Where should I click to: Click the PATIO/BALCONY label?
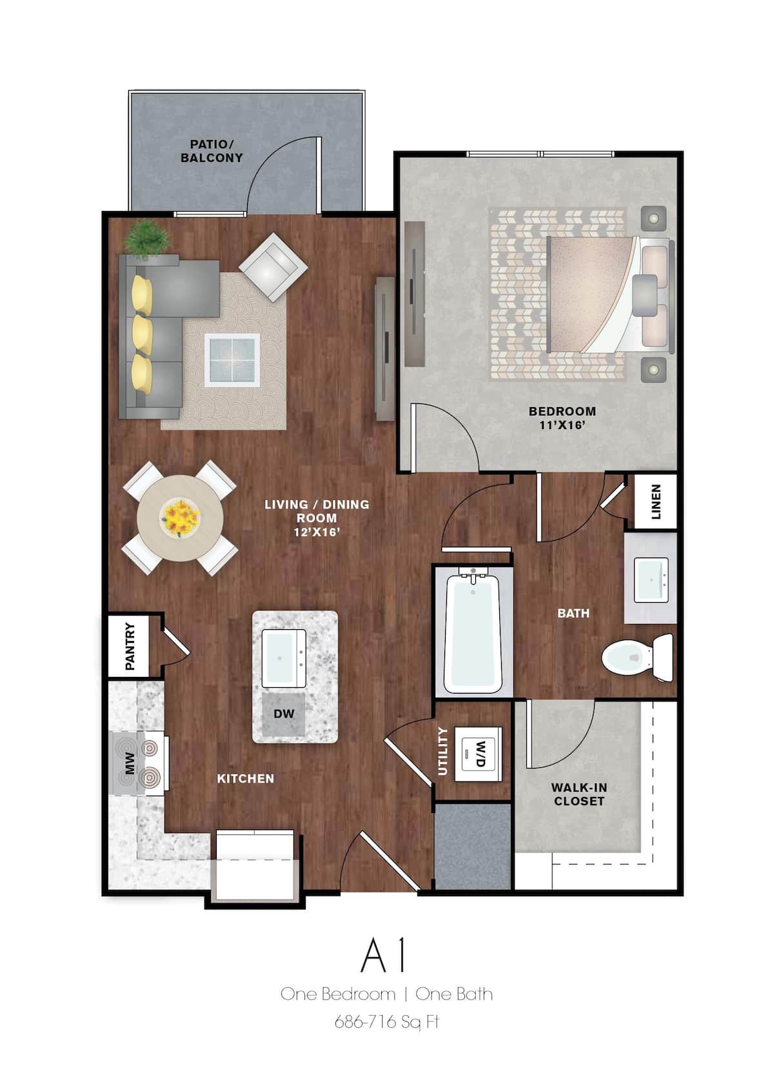(x=212, y=151)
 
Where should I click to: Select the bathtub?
(x=473, y=632)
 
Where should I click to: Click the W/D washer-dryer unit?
(x=479, y=754)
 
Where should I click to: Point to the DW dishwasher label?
(x=284, y=714)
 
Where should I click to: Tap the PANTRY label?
(x=130, y=646)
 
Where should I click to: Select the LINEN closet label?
(x=656, y=501)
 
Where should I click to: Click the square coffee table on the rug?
(x=232, y=359)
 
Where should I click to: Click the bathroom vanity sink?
(x=651, y=579)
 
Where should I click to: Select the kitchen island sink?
(x=284, y=658)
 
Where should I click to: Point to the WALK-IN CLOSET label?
(x=579, y=794)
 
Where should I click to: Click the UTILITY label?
(x=442, y=751)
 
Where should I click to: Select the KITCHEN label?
(x=245, y=779)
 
